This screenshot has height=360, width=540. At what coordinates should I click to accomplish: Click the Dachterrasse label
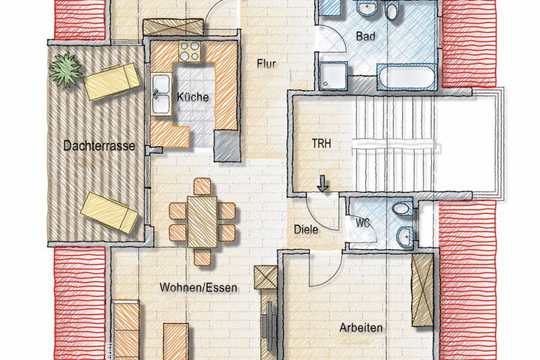99,145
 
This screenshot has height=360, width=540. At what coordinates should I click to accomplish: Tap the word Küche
193,97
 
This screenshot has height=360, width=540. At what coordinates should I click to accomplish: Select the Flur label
266,64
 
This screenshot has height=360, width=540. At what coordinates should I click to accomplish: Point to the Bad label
366,36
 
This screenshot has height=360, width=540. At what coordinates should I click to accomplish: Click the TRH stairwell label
321,143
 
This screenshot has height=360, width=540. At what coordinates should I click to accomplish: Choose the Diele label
306,229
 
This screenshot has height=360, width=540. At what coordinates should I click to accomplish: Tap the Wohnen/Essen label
198,287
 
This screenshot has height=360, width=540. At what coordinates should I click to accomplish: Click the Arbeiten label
361,328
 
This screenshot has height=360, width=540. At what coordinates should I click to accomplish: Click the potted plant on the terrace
65,69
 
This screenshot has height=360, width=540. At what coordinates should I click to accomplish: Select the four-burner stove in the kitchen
190,51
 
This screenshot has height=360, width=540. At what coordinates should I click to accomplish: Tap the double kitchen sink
161,94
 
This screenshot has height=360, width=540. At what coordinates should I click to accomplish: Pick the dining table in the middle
202,221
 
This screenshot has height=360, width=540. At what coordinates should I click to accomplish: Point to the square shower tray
333,76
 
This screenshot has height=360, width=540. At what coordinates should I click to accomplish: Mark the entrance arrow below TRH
322,183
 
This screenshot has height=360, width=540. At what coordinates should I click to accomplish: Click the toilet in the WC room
402,208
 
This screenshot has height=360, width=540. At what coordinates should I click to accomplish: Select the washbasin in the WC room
405,236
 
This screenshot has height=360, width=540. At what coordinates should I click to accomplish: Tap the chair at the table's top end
202,187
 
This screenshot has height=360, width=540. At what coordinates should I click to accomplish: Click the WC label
363,223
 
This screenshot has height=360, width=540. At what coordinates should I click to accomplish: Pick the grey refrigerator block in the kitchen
226,145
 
